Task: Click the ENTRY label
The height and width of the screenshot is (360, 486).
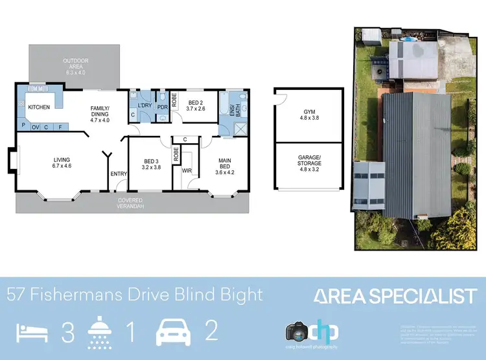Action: point(119,174)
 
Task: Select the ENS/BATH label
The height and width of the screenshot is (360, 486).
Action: point(234,111)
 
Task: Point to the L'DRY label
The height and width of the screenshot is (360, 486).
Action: point(145,106)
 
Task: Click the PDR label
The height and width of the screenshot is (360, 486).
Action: point(162,107)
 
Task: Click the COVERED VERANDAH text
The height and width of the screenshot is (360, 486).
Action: point(130,203)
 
